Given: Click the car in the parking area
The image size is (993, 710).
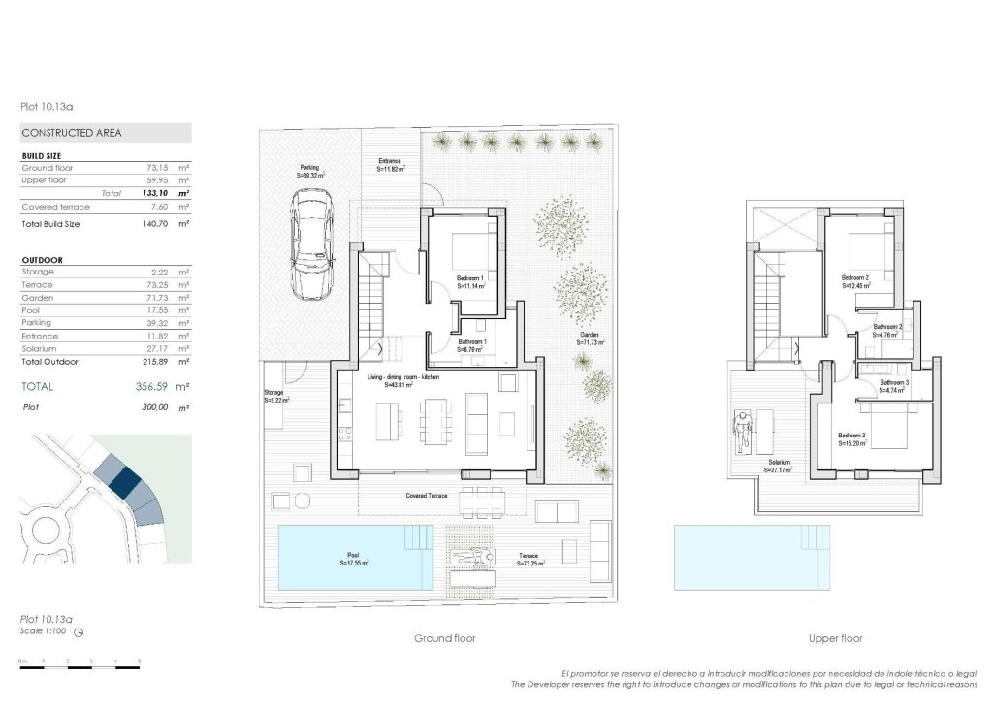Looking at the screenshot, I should pos(312,243).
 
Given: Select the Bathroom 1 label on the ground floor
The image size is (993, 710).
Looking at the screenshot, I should pos(472,345).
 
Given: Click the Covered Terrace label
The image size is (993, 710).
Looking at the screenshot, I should pos(426,496).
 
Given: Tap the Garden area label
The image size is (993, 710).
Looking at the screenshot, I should pos(590,339).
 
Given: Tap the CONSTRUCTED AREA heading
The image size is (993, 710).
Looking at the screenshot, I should pos(72,133).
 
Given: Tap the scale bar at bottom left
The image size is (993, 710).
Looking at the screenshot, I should pos(80,666).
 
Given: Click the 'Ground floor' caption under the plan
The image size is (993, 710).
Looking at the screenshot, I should pos(445,639).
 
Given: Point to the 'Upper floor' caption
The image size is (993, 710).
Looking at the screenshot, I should pos(835,639).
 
